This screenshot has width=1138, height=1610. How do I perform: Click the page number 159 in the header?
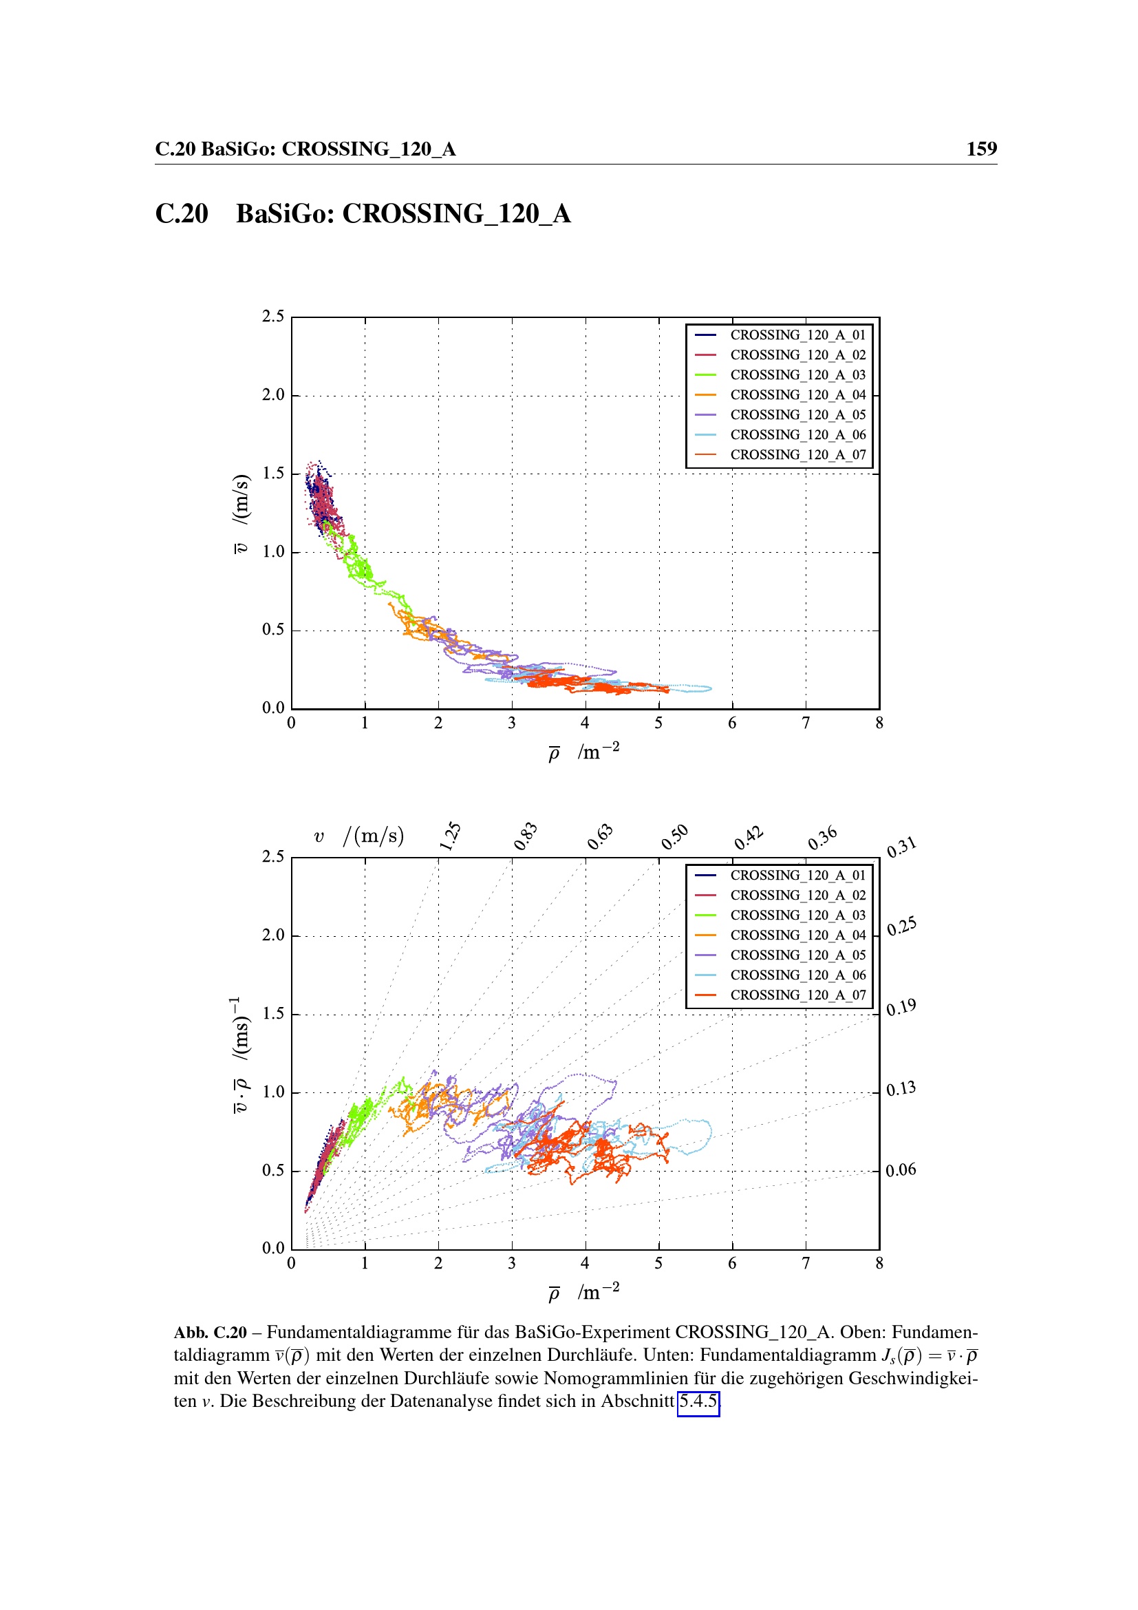pyautogui.click(x=981, y=149)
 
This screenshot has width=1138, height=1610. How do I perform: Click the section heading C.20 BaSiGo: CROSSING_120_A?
pyautogui.click(x=363, y=214)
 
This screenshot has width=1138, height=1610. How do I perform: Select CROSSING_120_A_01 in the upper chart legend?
pyautogui.click(x=797, y=335)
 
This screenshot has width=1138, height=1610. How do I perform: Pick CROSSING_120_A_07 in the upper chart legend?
pyautogui.click(x=797, y=455)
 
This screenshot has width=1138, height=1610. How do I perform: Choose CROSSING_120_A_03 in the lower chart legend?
pyautogui.click(x=797, y=915)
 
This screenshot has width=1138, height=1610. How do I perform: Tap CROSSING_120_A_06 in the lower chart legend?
pyautogui.click(x=797, y=975)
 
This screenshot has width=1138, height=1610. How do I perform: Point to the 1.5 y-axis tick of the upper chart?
pyautogui.click(x=273, y=474)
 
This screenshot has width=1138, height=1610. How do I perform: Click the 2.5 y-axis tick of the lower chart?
pyautogui.click(x=273, y=856)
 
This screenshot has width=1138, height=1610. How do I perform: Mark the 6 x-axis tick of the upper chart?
pyautogui.click(x=732, y=723)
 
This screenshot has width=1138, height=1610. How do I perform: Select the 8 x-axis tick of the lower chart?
pyautogui.click(x=879, y=1264)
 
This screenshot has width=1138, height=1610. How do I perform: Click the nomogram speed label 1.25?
pyautogui.click(x=450, y=836)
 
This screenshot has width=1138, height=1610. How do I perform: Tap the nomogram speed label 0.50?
pyautogui.click(x=675, y=836)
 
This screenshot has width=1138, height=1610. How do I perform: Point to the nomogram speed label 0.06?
pyautogui.click(x=901, y=1169)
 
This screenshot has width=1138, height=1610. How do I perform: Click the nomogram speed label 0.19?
pyautogui.click(x=901, y=1008)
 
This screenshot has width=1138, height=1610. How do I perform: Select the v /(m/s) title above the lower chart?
pyautogui.click(x=358, y=836)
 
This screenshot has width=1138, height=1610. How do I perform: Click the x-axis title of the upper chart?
pyautogui.click(x=583, y=752)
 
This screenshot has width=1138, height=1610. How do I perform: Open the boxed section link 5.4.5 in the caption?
pyautogui.click(x=698, y=1401)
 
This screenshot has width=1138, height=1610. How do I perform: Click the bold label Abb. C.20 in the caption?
pyautogui.click(x=211, y=1333)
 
